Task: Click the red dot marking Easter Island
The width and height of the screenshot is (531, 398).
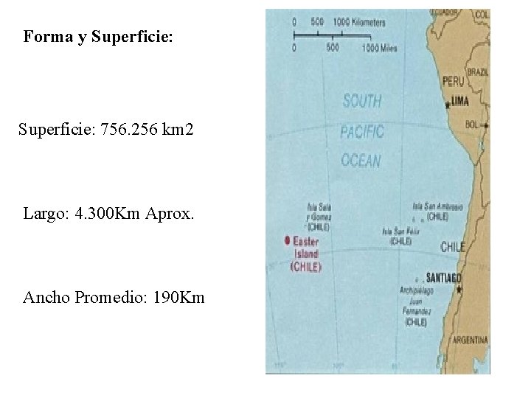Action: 287,241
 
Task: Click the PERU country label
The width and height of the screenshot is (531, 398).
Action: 453,81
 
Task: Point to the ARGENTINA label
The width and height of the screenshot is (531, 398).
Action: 471,341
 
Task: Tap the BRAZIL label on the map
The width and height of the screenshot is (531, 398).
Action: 478,72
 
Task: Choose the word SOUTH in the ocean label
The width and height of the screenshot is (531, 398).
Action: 362,102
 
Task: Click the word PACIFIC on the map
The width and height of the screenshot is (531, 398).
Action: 362,132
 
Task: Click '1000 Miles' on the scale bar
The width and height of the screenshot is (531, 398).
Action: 379,49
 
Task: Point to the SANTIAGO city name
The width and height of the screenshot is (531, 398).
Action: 444,277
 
